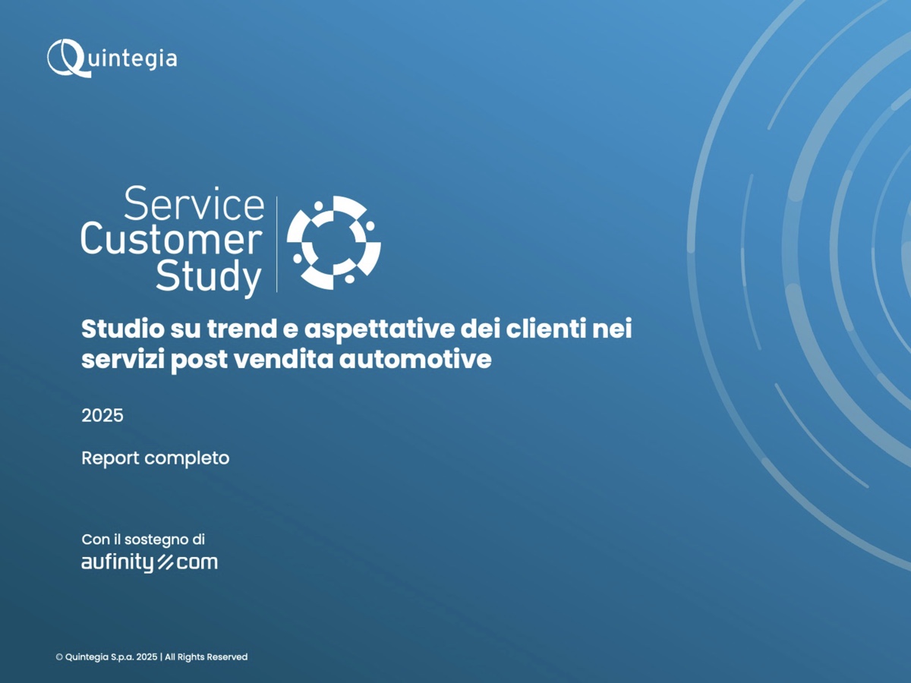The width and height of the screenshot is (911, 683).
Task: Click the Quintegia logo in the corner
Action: coord(112,58)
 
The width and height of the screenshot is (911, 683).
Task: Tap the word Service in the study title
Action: coord(194,203)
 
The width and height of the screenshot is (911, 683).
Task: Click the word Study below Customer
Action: coord(209,276)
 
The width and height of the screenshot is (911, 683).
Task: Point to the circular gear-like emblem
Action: coord(334,243)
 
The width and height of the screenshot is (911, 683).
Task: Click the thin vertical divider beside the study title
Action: coord(277,244)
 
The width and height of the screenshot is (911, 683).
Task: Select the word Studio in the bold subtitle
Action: coord(123,329)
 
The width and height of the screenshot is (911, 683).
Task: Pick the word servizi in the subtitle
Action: coord(123,359)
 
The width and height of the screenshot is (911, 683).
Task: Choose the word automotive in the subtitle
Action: coord(415,359)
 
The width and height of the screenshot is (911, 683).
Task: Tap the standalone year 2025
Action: coord(102,415)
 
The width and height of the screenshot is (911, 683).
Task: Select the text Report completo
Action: coord(155,458)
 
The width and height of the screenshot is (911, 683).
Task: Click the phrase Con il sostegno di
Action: coord(143,540)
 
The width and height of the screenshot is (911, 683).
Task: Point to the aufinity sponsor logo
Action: coord(150,563)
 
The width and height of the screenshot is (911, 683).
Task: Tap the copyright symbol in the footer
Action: coord(59,657)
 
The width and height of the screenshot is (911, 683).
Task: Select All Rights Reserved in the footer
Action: coord(206,657)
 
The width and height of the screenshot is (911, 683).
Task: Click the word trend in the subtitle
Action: coord(242,329)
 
